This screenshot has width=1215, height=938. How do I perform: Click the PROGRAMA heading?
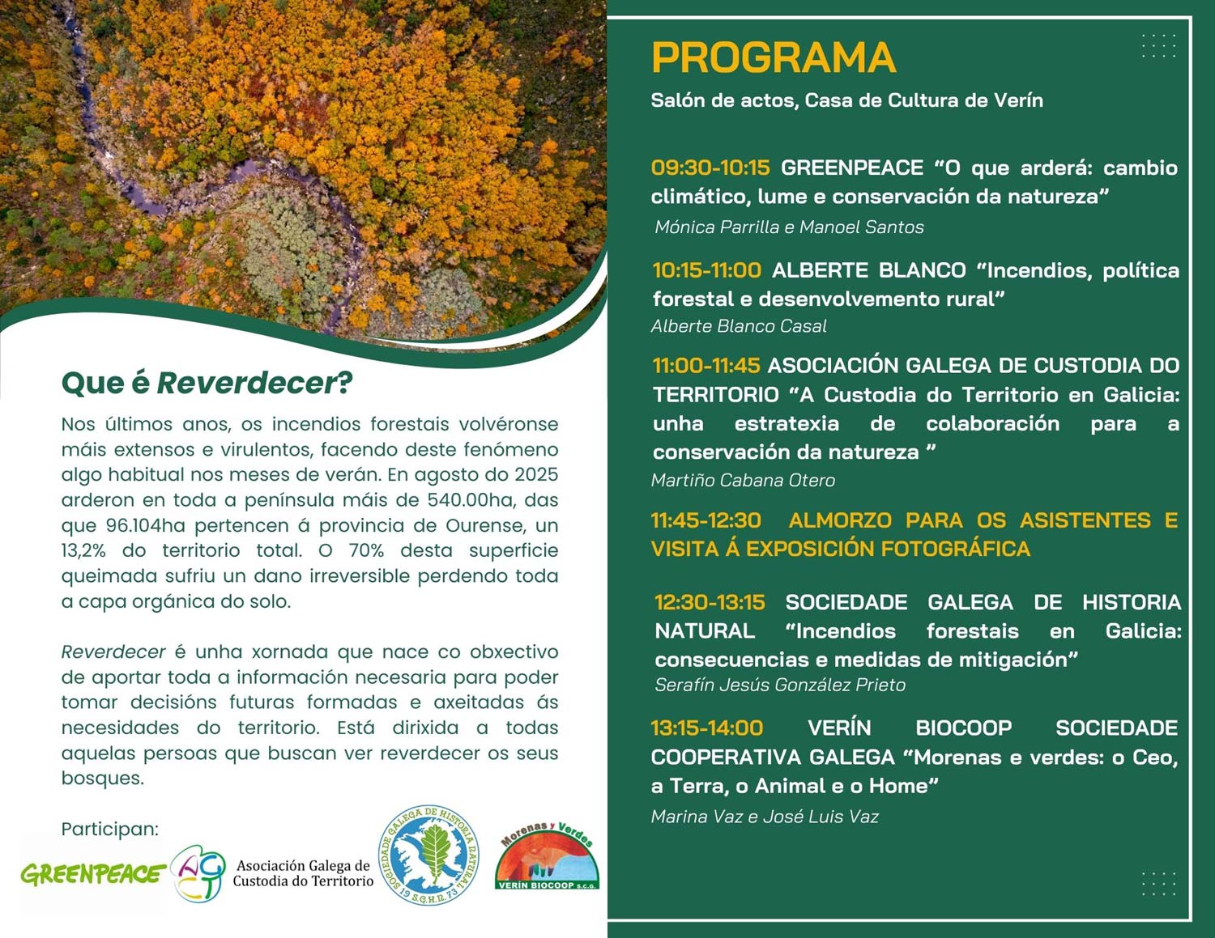[773, 57]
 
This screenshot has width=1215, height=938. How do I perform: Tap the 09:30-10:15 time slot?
[710, 168]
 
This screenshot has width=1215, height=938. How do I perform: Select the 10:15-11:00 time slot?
[707, 270]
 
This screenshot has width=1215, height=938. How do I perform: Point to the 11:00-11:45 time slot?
[706, 366]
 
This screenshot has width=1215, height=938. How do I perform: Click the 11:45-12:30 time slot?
[706, 520]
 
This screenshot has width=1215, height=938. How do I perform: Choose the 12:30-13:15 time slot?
[710, 602]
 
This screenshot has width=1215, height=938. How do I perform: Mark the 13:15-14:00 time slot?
[707, 728]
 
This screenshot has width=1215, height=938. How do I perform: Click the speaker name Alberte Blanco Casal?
[739, 326]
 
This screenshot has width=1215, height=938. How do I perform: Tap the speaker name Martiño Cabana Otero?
[743, 480]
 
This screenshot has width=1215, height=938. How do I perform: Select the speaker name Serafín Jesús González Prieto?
[780, 685]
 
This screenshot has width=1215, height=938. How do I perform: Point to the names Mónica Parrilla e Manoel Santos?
[789, 227]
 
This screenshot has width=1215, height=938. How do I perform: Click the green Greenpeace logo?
[92, 874]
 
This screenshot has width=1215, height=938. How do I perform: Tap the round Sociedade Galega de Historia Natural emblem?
[429, 855]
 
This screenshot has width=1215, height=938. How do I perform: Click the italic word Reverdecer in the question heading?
[246, 383]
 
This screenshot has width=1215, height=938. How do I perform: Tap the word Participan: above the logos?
[110, 829]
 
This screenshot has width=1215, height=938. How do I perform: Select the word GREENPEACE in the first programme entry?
[851, 168]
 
